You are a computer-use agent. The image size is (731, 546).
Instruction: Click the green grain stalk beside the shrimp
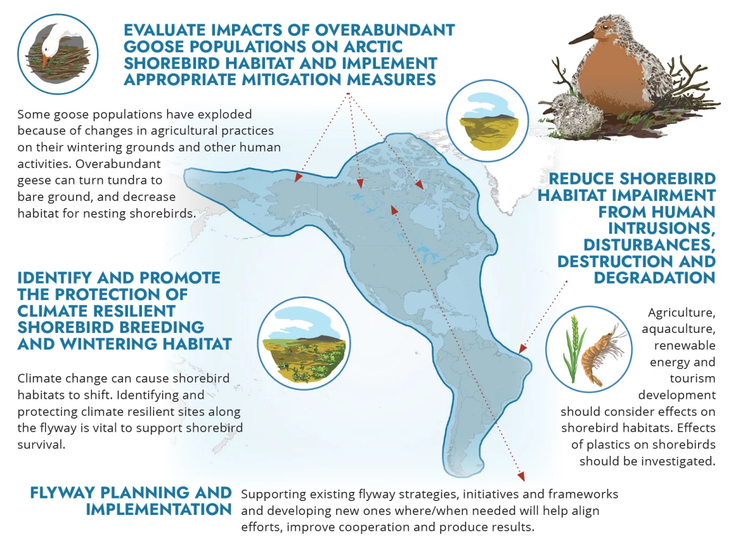point(573,349)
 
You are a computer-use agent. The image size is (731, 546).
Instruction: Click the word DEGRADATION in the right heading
point(655,278)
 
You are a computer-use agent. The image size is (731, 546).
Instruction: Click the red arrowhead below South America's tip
point(521,476)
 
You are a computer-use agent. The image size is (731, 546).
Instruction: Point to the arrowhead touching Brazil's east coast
point(522,348)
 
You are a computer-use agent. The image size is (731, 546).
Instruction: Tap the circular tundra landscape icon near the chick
point(487,121)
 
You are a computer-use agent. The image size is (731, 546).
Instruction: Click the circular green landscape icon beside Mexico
point(304,343)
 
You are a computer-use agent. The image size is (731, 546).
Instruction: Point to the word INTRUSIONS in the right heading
point(662,229)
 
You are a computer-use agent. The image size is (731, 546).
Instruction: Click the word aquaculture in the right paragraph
point(679,329)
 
